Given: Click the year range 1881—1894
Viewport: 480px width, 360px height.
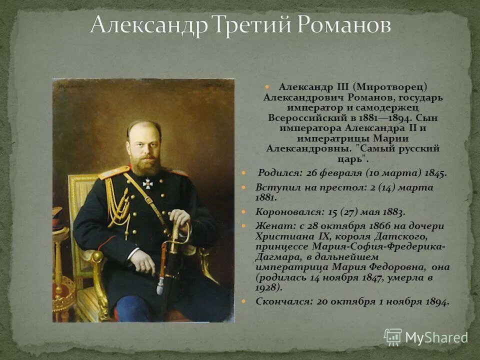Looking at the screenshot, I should (384, 118).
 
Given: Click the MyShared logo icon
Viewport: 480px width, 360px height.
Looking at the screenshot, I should (393, 337).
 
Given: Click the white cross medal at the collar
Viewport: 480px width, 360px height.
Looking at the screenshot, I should (148, 183).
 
